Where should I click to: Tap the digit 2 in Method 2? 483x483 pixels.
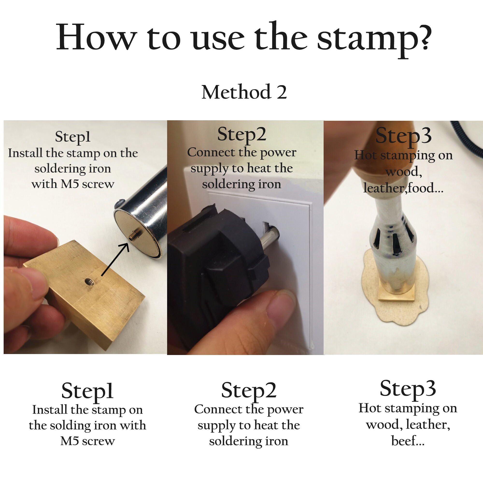click(282, 92)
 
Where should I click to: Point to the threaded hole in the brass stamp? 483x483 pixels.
click(89, 282)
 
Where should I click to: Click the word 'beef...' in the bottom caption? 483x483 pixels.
click(408, 441)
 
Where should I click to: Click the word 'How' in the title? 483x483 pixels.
click(96, 37)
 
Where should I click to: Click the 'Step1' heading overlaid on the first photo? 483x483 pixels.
click(72, 137)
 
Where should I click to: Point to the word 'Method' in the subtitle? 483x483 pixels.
click(236, 92)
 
